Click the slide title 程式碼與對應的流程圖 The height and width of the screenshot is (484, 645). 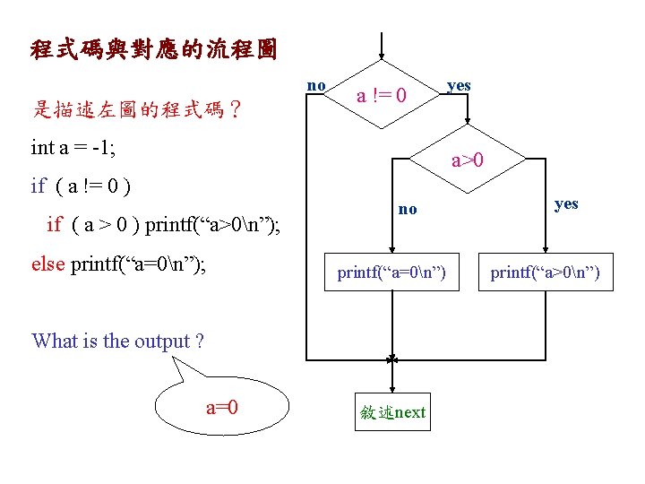click(153, 48)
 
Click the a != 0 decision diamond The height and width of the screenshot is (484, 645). click(383, 94)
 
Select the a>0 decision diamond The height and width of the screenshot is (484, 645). click(468, 160)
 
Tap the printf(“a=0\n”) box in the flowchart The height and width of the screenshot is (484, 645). click(391, 272)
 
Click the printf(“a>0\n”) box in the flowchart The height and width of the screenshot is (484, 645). click(550, 272)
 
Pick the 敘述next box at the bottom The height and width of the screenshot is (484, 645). click(392, 412)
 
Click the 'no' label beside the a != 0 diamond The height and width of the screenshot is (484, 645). click(316, 85)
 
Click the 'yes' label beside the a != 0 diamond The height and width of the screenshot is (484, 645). click(458, 85)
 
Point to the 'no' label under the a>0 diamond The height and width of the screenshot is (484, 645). click(408, 209)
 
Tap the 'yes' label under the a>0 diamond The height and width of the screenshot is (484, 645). click(566, 203)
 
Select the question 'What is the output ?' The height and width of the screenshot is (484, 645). click(117, 341)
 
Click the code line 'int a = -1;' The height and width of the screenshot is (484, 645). click(73, 146)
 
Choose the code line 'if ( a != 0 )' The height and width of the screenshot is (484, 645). click(81, 186)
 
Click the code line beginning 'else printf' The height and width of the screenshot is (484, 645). click(118, 264)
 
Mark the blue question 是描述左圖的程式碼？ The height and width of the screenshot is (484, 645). click(136, 110)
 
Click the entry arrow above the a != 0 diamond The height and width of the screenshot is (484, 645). click(383, 45)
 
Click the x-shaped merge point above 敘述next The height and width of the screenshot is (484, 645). click(392, 359)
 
